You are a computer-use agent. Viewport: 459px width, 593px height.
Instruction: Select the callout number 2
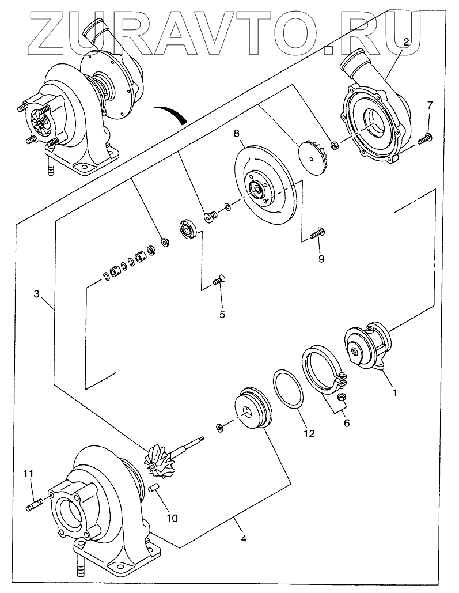pos(406,41)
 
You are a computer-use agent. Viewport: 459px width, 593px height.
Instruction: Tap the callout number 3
pos(36,294)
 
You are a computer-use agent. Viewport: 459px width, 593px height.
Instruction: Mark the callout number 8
pos(237,133)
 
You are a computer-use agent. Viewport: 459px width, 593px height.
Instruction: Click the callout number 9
pos(321,258)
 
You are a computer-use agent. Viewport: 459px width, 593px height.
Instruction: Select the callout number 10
pos(172,518)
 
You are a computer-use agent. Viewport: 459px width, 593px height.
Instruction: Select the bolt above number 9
pos(317,233)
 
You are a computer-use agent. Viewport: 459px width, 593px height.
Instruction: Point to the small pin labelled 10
pos(154,489)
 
